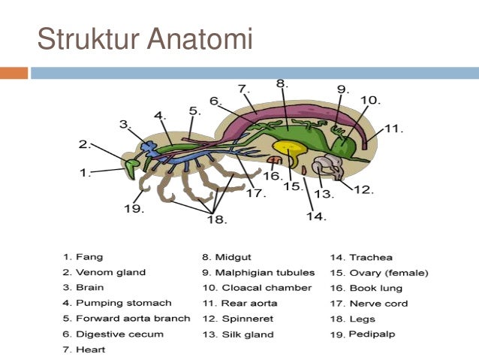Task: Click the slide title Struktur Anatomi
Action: pyautogui.click(x=145, y=39)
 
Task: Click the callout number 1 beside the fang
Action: pyautogui.click(x=85, y=173)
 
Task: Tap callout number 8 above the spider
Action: pyautogui.click(x=282, y=83)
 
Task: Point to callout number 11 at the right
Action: pyautogui.click(x=393, y=129)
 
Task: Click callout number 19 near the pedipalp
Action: pyautogui.click(x=134, y=208)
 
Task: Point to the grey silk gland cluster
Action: pyautogui.click(x=327, y=167)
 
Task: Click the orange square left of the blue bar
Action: pyautogui.click(x=14, y=73)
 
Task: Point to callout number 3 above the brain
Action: pyautogui.click(x=125, y=124)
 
